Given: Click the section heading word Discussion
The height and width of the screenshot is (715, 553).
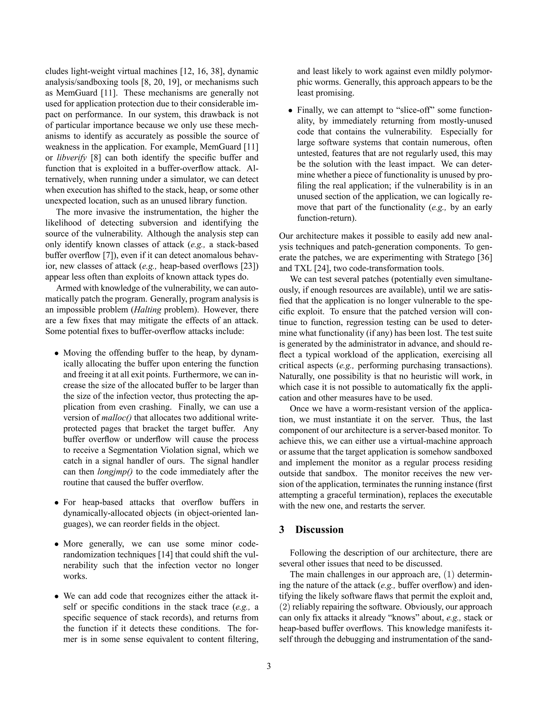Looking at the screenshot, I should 319,530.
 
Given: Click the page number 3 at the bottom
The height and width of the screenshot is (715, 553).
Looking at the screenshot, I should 269,666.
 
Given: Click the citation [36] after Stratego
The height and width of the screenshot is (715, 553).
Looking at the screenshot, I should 484,258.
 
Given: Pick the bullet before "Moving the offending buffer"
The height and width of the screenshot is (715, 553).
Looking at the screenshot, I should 57,353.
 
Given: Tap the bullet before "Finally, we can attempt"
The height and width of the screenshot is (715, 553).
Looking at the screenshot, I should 290,111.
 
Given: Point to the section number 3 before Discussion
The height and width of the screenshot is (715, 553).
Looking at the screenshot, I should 281,530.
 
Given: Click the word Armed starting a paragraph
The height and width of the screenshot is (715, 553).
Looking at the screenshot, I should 68,288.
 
